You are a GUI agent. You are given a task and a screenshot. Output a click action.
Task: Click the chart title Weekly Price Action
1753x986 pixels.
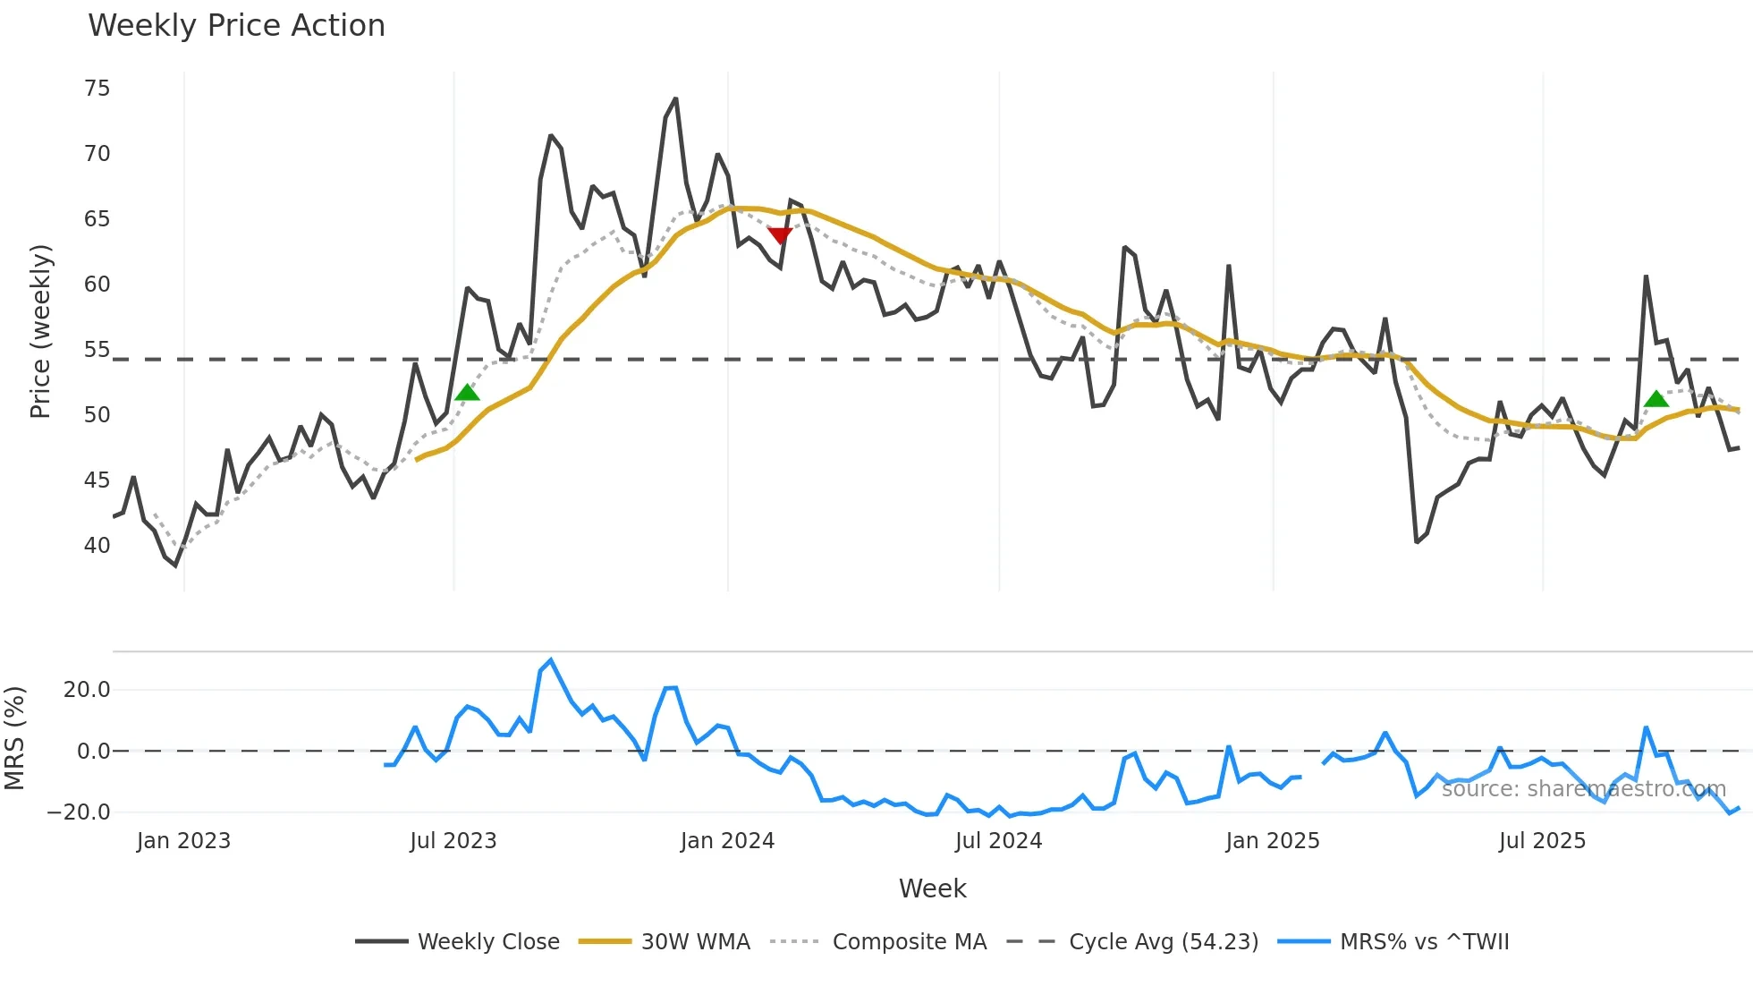pyautogui.click(x=236, y=26)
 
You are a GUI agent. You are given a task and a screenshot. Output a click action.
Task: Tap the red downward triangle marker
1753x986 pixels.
pyautogui.click(x=780, y=235)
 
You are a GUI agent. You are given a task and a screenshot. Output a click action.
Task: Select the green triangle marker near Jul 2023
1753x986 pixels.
pyautogui.click(x=467, y=393)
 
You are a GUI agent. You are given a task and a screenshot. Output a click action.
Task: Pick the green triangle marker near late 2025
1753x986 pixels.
pyautogui.click(x=1656, y=399)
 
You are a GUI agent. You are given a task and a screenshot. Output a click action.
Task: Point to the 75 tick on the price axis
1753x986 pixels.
pyautogui.click(x=97, y=89)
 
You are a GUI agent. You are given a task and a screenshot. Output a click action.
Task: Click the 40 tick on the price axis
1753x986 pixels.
pyautogui.click(x=97, y=546)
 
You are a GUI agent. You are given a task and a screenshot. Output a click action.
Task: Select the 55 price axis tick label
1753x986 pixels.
pyautogui.click(x=97, y=350)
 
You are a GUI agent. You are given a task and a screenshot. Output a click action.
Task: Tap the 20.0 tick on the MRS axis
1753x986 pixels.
pyautogui.click(x=87, y=690)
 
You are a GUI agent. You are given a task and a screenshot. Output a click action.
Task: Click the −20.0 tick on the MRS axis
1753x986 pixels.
pyautogui.click(x=79, y=812)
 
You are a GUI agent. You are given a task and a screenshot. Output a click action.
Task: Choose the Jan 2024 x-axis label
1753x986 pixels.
pyautogui.click(x=727, y=841)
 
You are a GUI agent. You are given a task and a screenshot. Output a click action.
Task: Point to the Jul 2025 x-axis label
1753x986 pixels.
pyautogui.click(x=1542, y=841)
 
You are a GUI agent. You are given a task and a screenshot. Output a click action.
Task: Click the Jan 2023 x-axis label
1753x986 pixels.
pyautogui.click(x=183, y=841)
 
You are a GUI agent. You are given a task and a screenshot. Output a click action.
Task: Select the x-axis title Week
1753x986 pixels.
pyautogui.click(x=932, y=888)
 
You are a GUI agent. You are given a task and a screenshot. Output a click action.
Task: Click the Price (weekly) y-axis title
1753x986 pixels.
pyautogui.click(x=41, y=332)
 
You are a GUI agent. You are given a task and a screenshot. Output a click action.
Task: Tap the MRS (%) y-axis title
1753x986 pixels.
pyautogui.click(x=15, y=738)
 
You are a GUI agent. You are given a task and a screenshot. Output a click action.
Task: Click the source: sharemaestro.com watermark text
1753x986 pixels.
pyautogui.click(x=1584, y=789)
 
